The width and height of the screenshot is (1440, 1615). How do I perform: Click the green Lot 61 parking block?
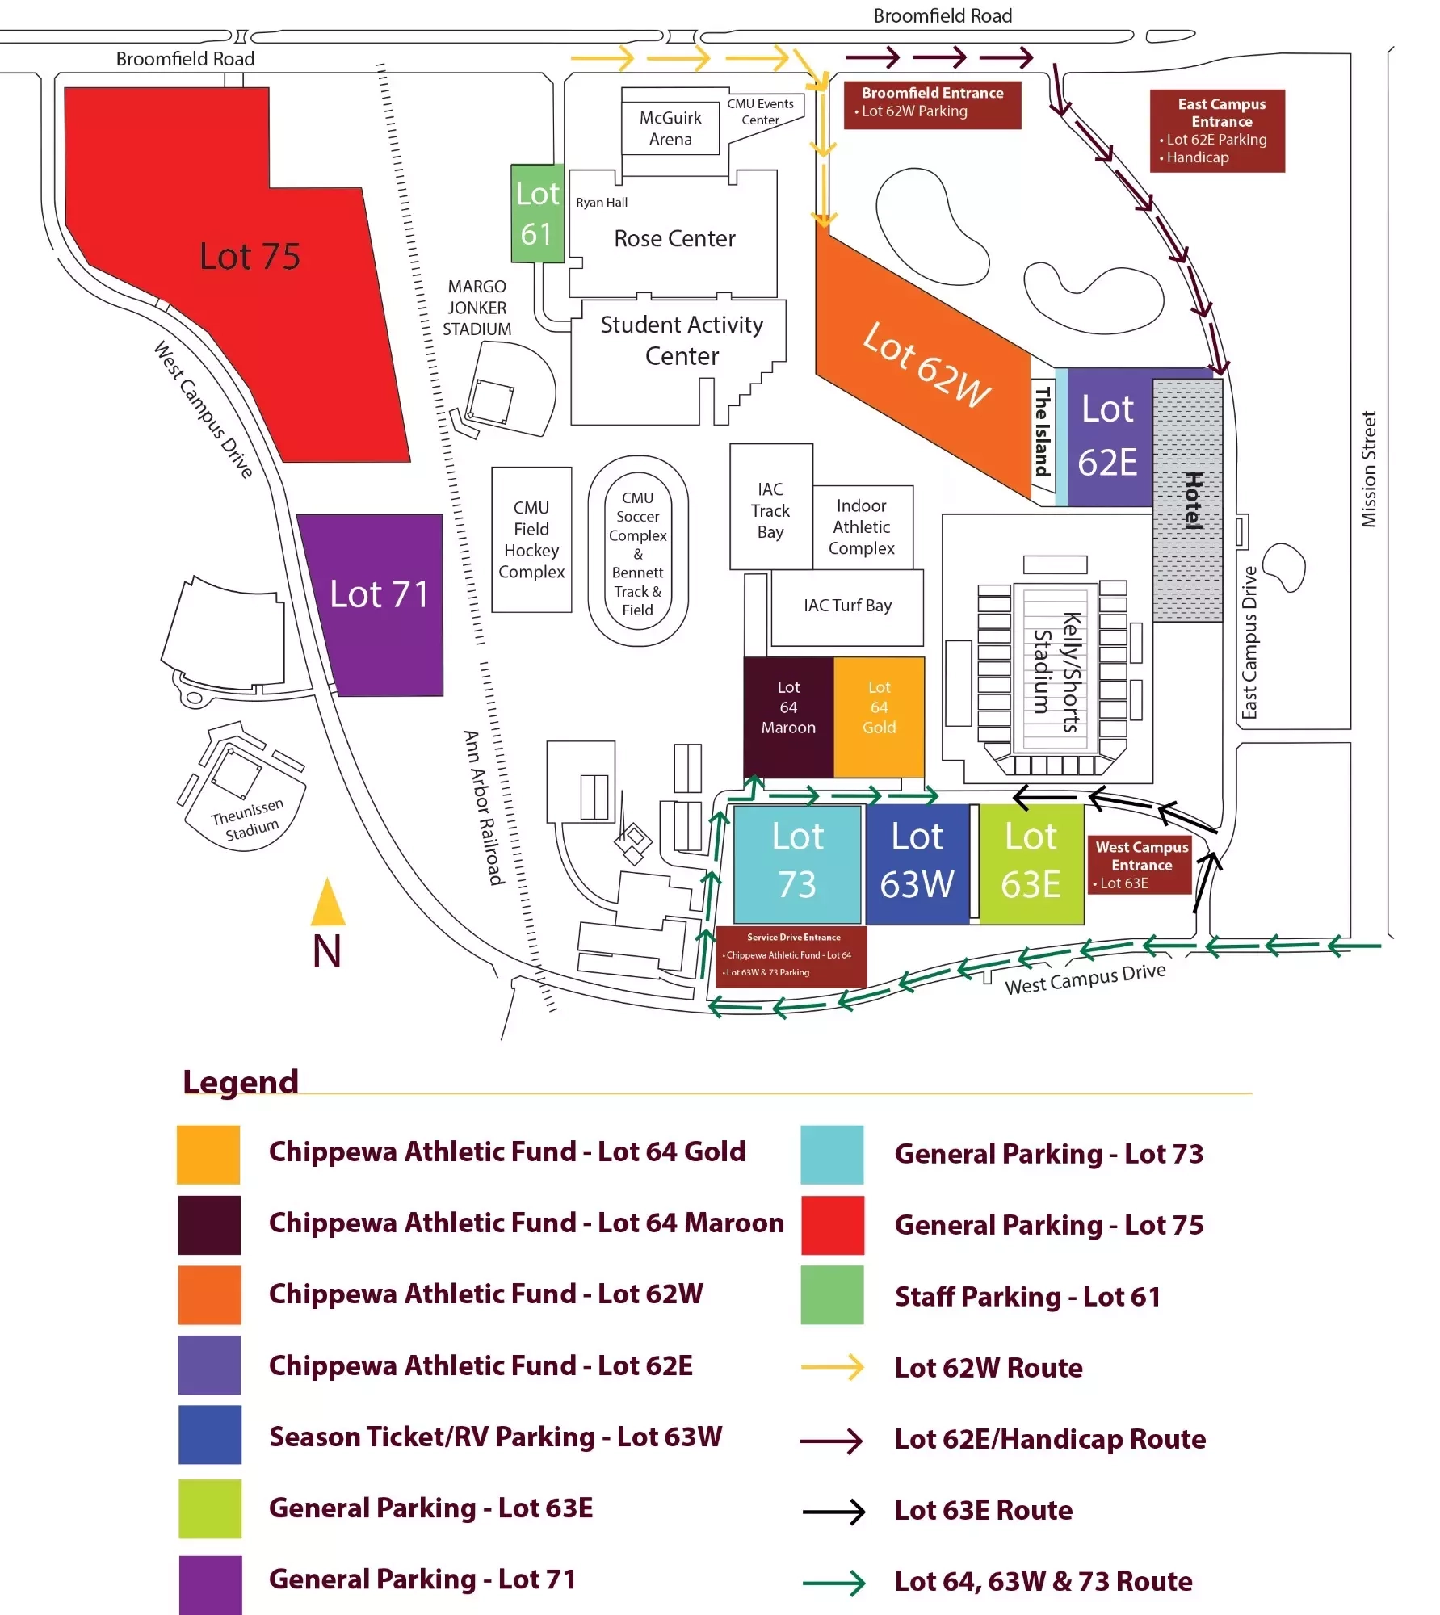537,214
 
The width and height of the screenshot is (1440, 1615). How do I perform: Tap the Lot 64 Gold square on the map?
879,716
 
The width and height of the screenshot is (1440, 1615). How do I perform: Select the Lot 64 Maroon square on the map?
788,716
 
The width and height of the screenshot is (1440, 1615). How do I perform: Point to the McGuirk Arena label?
670,128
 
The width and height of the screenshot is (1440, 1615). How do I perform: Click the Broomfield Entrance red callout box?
932,103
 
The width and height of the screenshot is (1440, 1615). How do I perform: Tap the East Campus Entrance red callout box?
1217,131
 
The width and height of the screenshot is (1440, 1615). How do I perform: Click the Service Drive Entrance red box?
792,956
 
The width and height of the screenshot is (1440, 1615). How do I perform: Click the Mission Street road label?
1368,469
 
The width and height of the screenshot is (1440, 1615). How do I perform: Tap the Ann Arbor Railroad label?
483,807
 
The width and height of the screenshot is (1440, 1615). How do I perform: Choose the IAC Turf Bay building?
847,606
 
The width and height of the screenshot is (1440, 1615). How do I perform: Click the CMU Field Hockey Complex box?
531,539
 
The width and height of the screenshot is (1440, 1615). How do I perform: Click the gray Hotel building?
1187,501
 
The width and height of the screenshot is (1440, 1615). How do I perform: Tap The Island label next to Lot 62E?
1042,431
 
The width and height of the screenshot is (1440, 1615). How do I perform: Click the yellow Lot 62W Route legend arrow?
832,1367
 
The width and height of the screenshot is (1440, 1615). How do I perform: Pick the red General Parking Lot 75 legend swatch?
832,1225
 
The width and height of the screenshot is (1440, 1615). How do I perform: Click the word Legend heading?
241,1081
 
